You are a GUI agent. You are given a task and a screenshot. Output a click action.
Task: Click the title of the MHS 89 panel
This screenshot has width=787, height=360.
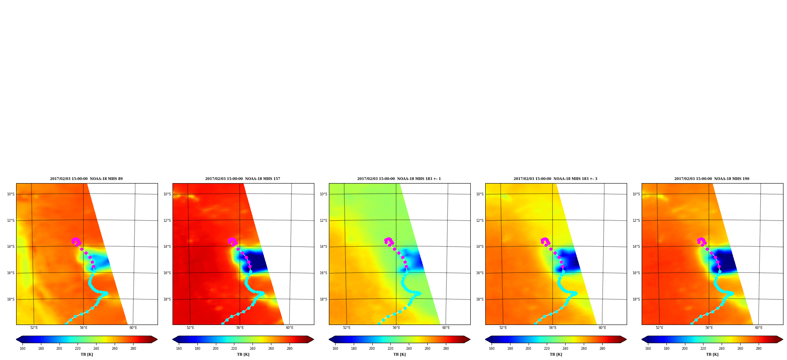(x=86, y=179)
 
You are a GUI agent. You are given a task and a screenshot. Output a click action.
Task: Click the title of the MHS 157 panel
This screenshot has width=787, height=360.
(x=243, y=179)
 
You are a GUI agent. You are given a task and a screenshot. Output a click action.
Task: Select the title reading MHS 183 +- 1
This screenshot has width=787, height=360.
(x=399, y=179)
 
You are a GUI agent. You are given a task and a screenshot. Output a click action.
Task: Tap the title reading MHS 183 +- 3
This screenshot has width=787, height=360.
(x=555, y=179)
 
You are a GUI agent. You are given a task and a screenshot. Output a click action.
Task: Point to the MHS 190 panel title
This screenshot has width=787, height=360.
(x=712, y=179)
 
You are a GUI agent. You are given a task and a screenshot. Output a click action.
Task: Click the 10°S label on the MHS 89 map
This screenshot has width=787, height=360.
(x=11, y=194)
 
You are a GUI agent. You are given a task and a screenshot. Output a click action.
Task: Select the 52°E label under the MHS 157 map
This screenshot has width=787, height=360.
(x=190, y=328)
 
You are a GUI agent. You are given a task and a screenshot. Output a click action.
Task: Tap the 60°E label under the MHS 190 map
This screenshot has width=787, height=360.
(x=759, y=328)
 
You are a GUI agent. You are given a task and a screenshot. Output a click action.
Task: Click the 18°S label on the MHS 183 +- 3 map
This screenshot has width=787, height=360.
(x=480, y=299)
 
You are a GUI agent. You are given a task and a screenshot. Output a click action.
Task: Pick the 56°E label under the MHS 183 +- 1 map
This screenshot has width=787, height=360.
(x=396, y=328)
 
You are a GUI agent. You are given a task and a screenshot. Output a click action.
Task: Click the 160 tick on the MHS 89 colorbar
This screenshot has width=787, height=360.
(x=22, y=349)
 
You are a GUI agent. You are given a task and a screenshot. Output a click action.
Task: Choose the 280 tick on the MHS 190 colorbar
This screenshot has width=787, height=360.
(x=759, y=349)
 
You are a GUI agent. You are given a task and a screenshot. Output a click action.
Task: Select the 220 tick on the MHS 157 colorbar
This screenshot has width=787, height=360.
(x=234, y=349)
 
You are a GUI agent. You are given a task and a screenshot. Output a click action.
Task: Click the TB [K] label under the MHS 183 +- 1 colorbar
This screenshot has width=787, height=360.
(x=399, y=354)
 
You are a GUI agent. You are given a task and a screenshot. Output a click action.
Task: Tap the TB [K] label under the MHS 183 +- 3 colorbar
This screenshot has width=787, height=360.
(x=556, y=354)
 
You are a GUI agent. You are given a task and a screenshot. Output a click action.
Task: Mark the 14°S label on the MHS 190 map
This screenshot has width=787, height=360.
(x=636, y=247)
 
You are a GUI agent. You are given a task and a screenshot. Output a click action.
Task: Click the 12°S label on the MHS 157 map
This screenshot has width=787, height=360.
(x=167, y=221)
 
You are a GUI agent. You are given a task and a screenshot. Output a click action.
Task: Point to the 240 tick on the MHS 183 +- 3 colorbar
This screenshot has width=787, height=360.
(x=565, y=349)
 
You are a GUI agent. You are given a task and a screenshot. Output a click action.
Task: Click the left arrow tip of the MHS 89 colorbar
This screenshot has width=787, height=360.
(x=16, y=340)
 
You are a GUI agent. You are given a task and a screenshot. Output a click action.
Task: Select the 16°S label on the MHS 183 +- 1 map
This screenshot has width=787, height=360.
(x=323, y=273)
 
